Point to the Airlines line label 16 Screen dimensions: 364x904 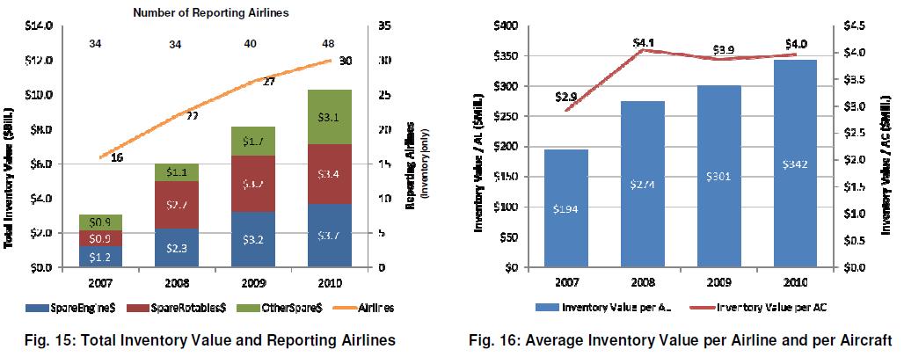pyautogui.click(x=116, y=157)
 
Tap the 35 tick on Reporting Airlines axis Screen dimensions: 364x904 pyautogui.click(x=384, y=26)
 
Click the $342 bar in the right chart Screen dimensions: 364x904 pyautogui.click(x=795, y=163)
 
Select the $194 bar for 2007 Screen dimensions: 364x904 pyautogui.click(x=566, y=207)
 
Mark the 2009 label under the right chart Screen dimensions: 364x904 pyautogui.click(x=718, y=281)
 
